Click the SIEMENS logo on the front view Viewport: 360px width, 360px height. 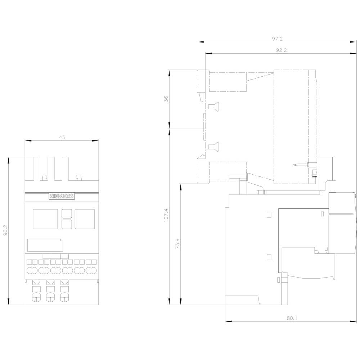[x=62, y=196]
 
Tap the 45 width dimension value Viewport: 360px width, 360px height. [x=62, y=138]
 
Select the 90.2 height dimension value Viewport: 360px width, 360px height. [x=5, y=230]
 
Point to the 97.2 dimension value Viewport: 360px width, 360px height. [x=277, y=39]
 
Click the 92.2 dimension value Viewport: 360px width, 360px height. [x=281, y=50]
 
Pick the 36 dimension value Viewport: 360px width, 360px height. [x=166, y=99]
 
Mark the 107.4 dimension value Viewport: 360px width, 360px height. [x=166, y=215]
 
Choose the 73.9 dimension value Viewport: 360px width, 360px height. [x=177, y=244]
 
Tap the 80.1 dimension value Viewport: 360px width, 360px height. [x=292, y=318]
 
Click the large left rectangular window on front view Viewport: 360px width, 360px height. [x=45, y=219]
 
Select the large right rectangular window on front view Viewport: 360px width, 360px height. [x=85, y=219]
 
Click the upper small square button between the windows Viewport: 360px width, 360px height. [x=67, y=213]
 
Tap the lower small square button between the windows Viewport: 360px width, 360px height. [x=67, y=224]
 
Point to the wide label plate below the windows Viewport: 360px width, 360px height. [x=45, y=245]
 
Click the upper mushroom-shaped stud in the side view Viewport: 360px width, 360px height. [x=213, y=106]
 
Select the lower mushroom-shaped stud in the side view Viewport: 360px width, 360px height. [x=213, y=147]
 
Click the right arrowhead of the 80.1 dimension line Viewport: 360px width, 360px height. [x=353, y=321]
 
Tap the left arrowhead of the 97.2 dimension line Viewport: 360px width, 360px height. [x=201, y=42]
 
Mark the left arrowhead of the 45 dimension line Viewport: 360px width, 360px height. [x=28, y=141]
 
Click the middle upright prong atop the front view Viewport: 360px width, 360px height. [x=51, y=169]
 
